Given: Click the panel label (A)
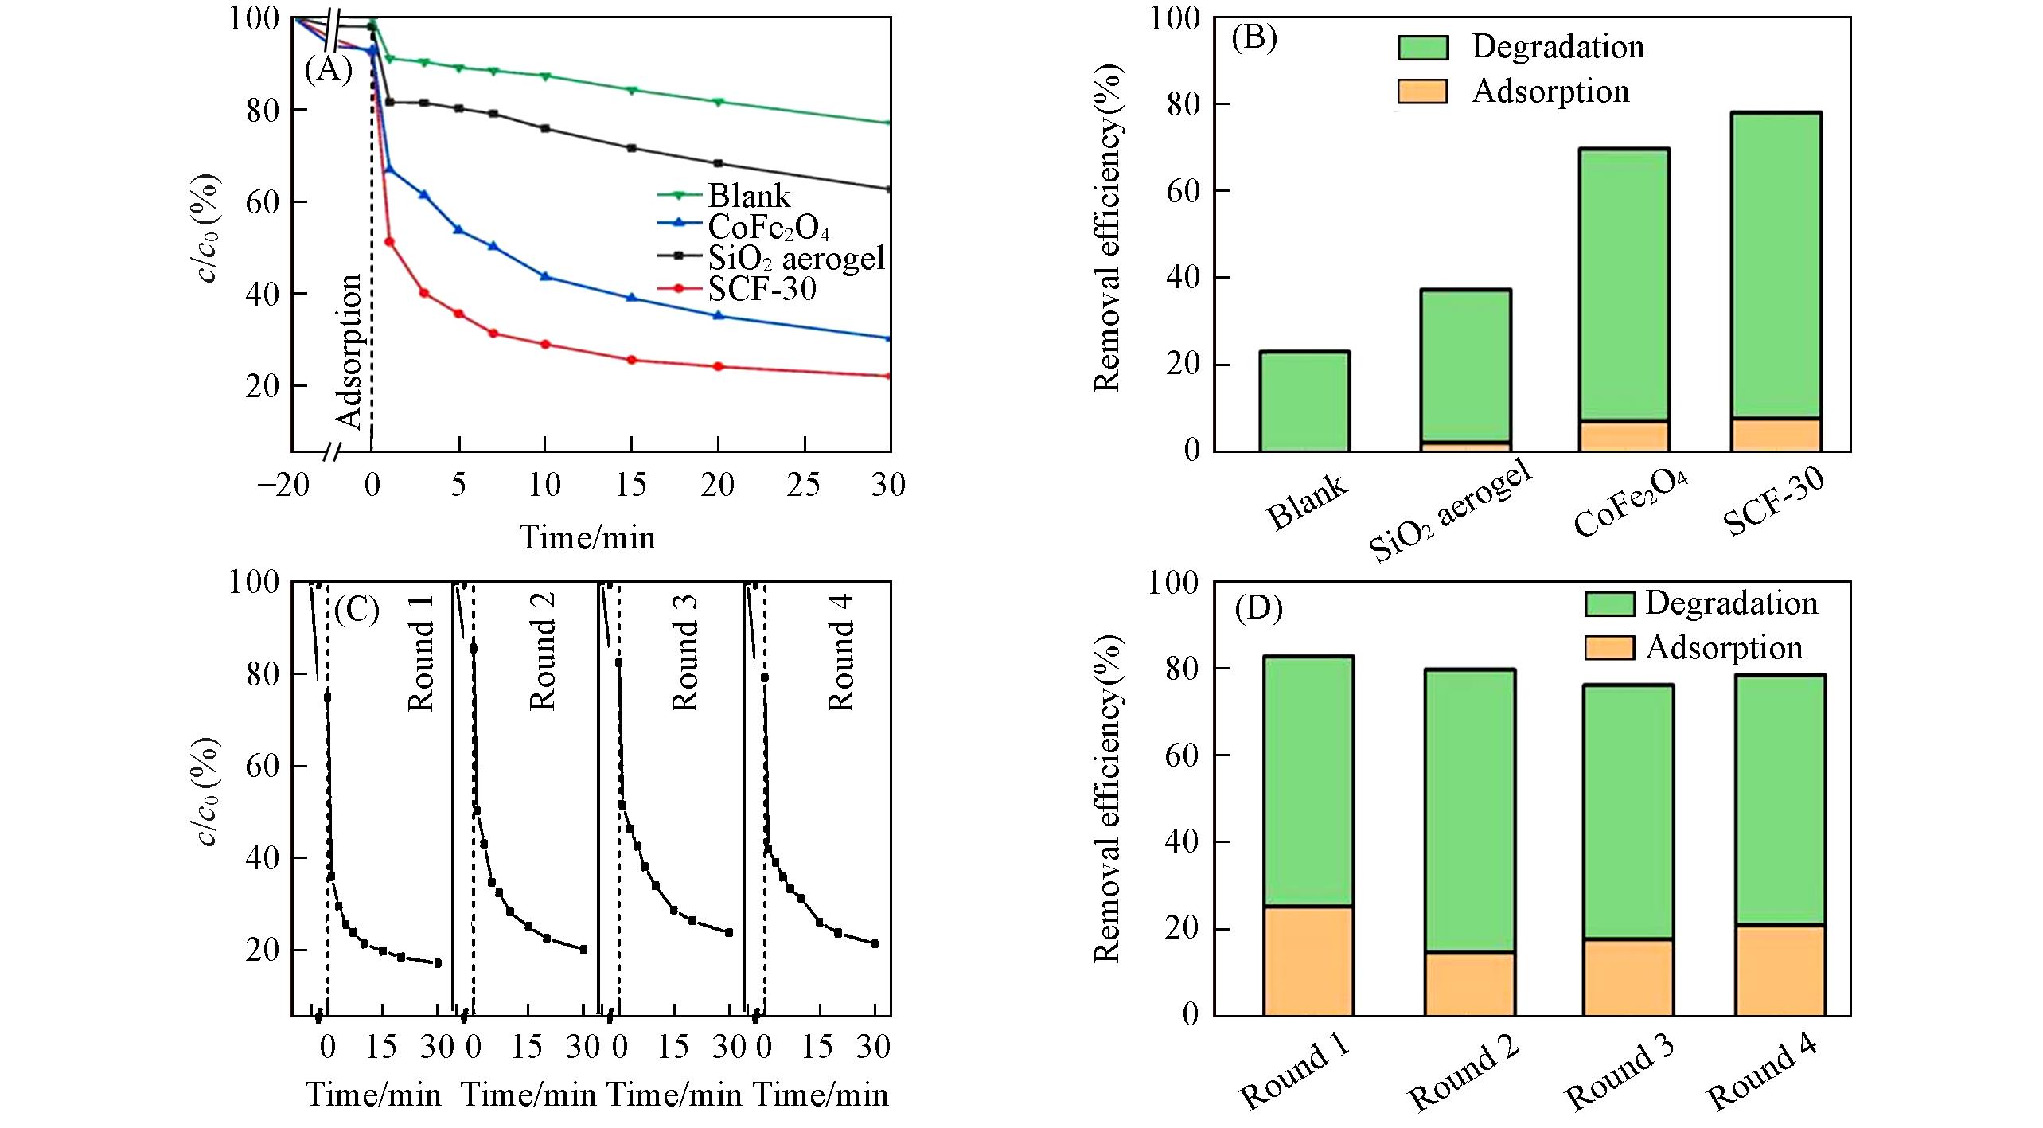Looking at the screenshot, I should (x=328, y=71).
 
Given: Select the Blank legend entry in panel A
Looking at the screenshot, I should (x=748, y=196).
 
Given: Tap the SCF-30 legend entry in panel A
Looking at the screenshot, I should (x=762, y=288).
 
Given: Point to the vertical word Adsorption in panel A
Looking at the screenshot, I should (x=349, y=351).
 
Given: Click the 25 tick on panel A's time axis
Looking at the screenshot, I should (x=804, y=485).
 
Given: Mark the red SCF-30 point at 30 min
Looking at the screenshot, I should (x=889, y=376).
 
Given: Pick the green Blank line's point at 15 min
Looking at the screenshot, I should (x=632, y=90).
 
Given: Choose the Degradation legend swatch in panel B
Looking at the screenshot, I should (x=1422, y=47).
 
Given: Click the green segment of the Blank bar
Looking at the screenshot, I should (x=1304, y=401).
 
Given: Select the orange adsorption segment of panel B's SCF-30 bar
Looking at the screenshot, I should (x=1776, y=435).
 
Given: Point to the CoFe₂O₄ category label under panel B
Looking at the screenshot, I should (x=1631, y=502).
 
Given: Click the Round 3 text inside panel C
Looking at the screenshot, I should (x=685, y=653).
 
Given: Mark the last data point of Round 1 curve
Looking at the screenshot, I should (x=438, y=963).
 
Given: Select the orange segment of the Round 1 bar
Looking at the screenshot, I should (x=1308, y=961).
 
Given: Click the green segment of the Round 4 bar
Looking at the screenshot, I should (x=1780, y=800).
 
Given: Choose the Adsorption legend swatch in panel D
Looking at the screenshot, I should (x=1608, y=648).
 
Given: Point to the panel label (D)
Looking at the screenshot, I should (x=1258, y=609).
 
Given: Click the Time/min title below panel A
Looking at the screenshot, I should (x=587, y=537).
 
